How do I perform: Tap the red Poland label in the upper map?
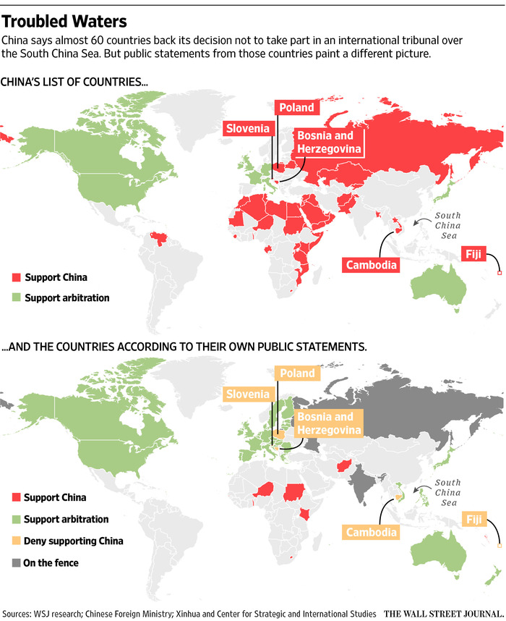coord(296,108)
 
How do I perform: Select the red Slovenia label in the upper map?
coord(249,129)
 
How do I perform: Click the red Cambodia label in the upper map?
coord(372,264)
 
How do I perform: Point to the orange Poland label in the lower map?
coord(297,373)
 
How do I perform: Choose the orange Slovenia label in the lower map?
coord(248,394)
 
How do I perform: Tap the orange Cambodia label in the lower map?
coord(372,533)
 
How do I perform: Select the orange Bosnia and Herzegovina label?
coord(327,423)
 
